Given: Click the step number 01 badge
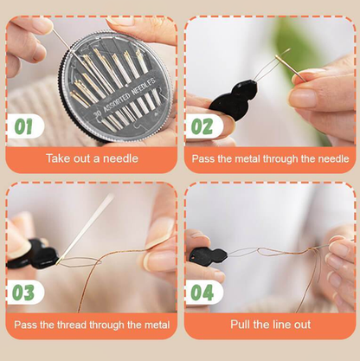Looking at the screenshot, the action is tap(23, 126).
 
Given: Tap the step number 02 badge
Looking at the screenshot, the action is tap(202, 126).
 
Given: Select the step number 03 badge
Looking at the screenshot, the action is tap(23, 293).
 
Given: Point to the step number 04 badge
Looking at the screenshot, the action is tap(202, 293).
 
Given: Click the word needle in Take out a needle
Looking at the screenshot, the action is tap(120, 158).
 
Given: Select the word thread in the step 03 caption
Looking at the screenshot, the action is tap(72, 325).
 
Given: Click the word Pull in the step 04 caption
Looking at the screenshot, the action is tap(241, 325).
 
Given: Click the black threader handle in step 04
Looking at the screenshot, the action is tap(208, 255).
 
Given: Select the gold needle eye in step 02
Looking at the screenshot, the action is tap(279, 59).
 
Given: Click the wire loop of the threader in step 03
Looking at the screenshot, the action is tap(80, 261).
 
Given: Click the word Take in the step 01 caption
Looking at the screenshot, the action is tap(57, 158).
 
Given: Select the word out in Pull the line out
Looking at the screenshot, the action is tap(302, 325).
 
